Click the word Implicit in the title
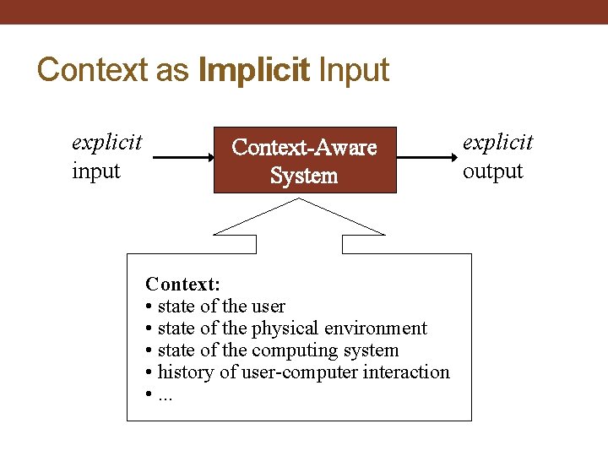tap(254, 69)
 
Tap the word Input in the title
tap(353, 69)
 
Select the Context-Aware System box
tap(304, 160)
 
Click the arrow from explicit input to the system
tap(182, 157)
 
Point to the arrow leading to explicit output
tap(426, 157)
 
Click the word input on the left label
tap(96, 171)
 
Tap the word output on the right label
tap(493, 171)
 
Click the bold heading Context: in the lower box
tap(182, 284)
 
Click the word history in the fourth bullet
tap(186, 372)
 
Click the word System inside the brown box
tap(304, 176)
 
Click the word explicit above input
tap(107, 141)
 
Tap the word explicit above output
tap(498, 141)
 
